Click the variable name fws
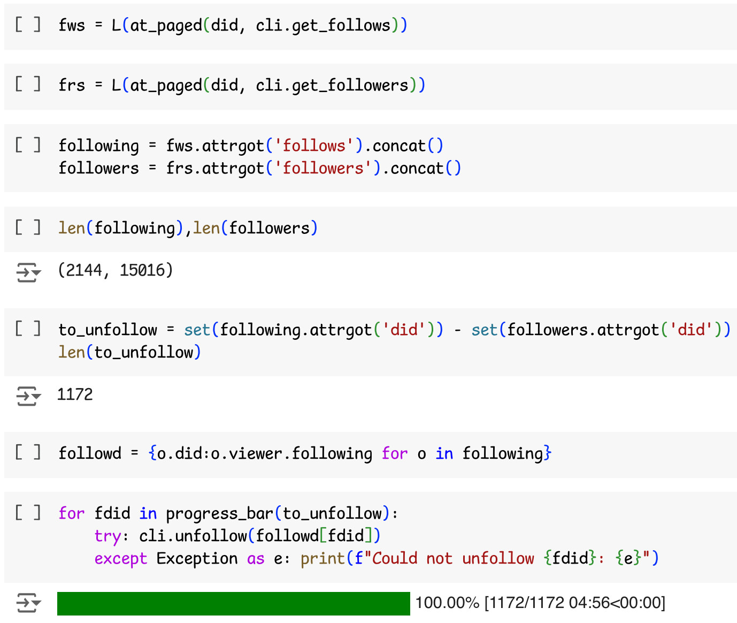click(x=72, y=26)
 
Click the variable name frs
click(x=72, y=86)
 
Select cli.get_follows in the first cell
click(x=323, y=26)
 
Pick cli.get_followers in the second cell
click(x=332, y=86)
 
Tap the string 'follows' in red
click(x=314, y=146)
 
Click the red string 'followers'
click(x=323, y=168)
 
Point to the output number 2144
click(x=83, y=270)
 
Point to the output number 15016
click(x=142, y=270)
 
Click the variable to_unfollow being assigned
click(x=108, y=330)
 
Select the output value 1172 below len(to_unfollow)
click(x=75, y=394)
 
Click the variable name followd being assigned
click(x=90, y=453)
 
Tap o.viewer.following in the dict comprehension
click(x=291, y=454)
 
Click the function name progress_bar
click(x=220, y=514)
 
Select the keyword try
click(x=108, y=536)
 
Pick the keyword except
click(x=121, y=559)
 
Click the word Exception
click(x=197, y=558)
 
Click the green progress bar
click(x=233, y=604)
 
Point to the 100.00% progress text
click(x=447, y=603)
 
